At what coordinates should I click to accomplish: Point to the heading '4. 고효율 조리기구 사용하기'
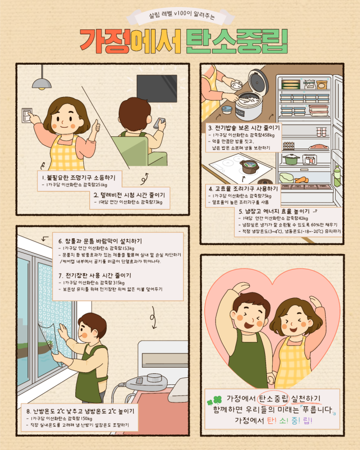click(x=242, y=188)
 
